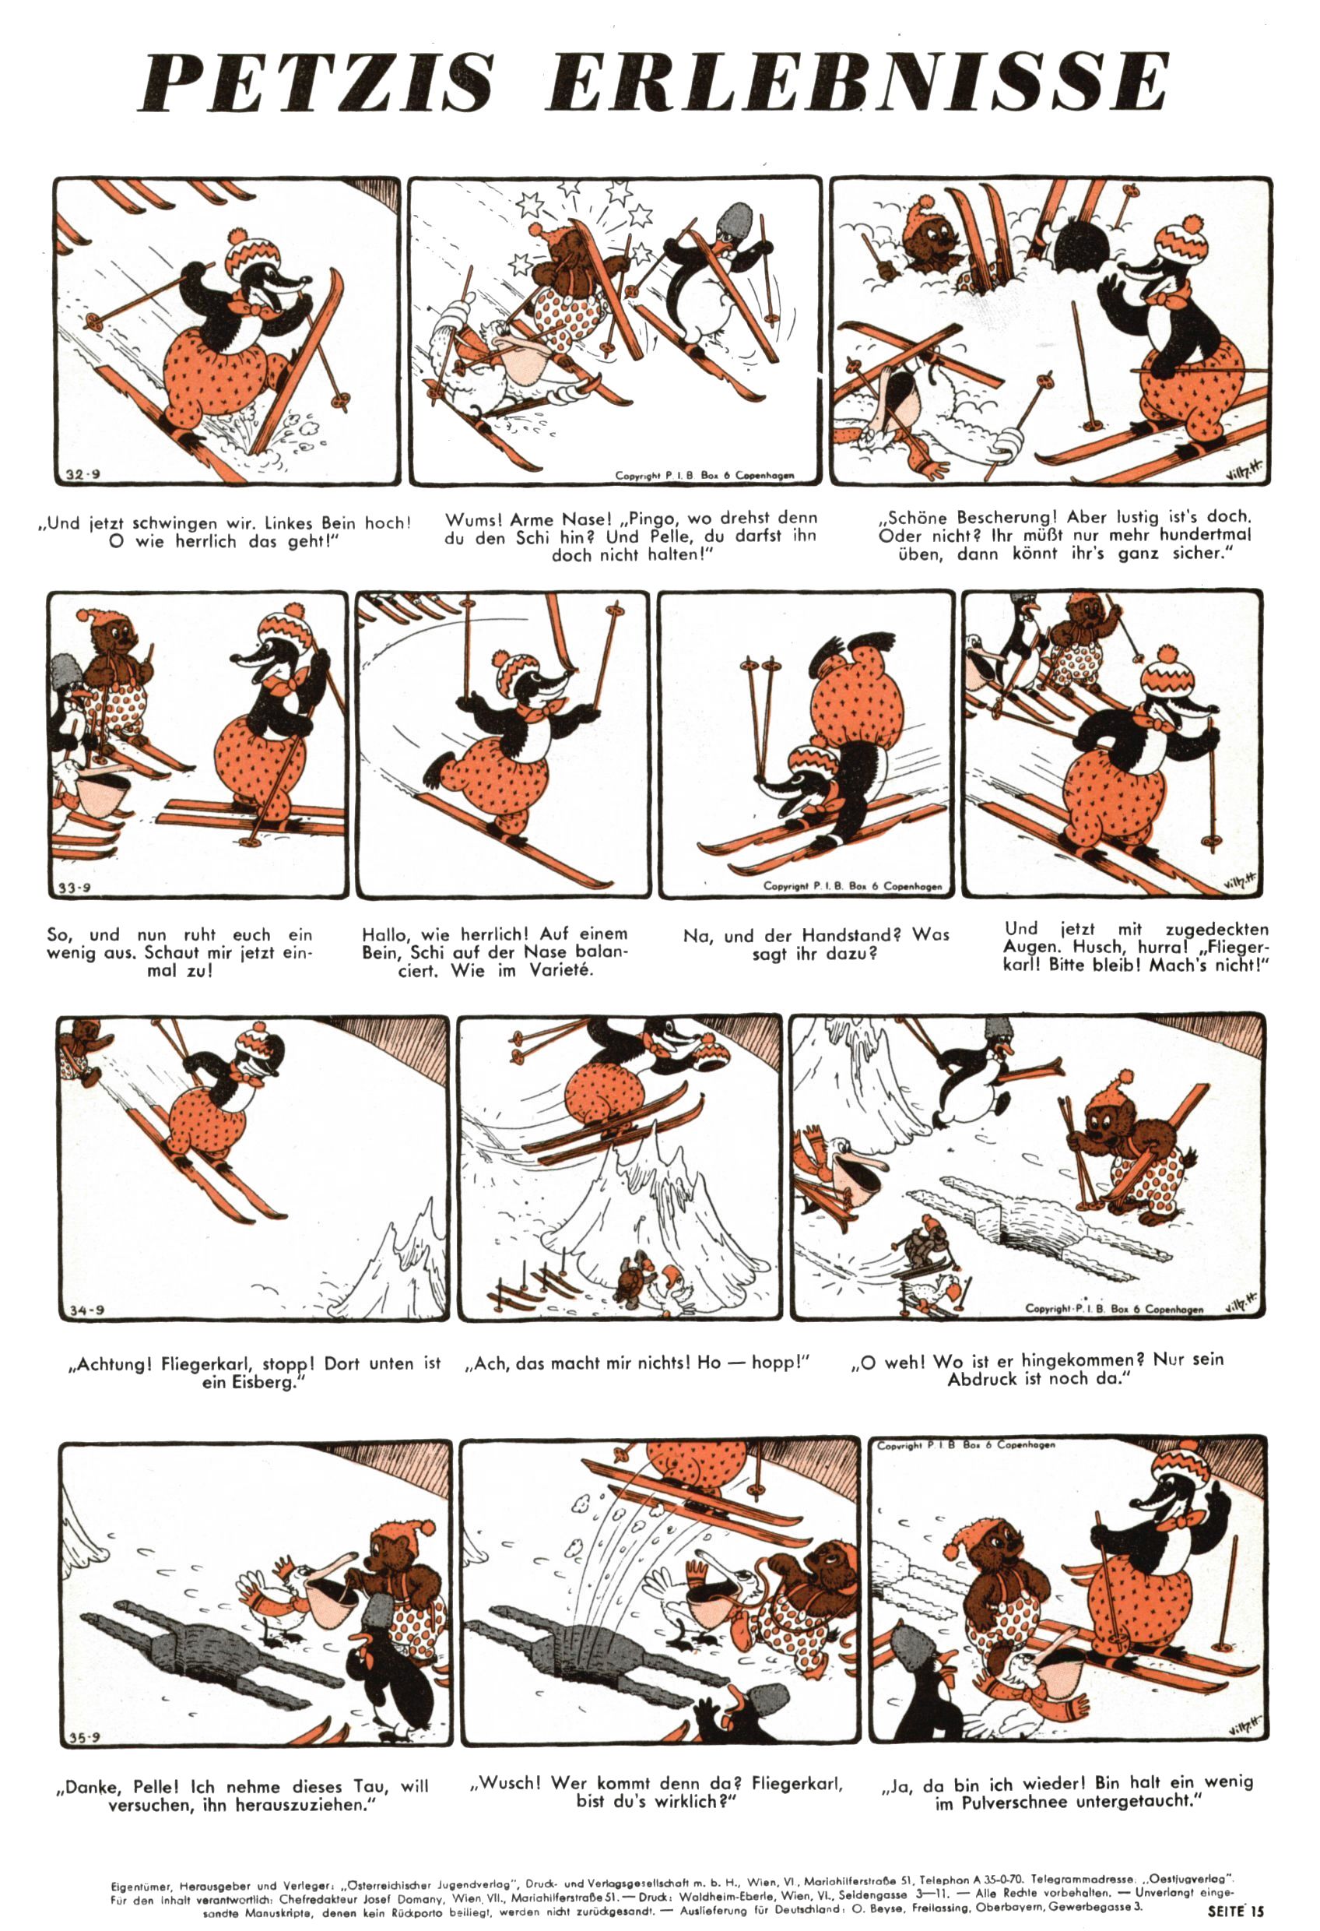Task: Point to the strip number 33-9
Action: (75, 888)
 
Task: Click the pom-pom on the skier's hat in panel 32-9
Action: (239, 236)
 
